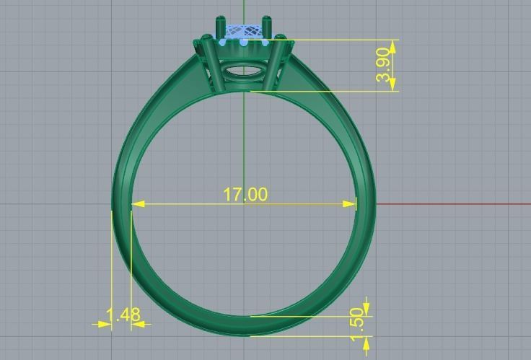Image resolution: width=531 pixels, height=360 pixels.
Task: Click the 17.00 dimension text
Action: tap(245, 194)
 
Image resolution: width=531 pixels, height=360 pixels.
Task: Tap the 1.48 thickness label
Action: tap(123, 315)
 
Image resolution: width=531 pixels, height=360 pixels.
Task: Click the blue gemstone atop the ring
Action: tap(243, 32)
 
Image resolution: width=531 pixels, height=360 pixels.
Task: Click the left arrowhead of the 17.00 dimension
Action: tap(136, 204)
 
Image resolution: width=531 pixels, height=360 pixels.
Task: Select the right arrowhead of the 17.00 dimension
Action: tap(351, 204)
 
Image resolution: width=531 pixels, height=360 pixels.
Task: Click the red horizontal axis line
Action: tap(455, 203)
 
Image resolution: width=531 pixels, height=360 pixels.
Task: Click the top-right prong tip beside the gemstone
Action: tap(268, 19)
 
